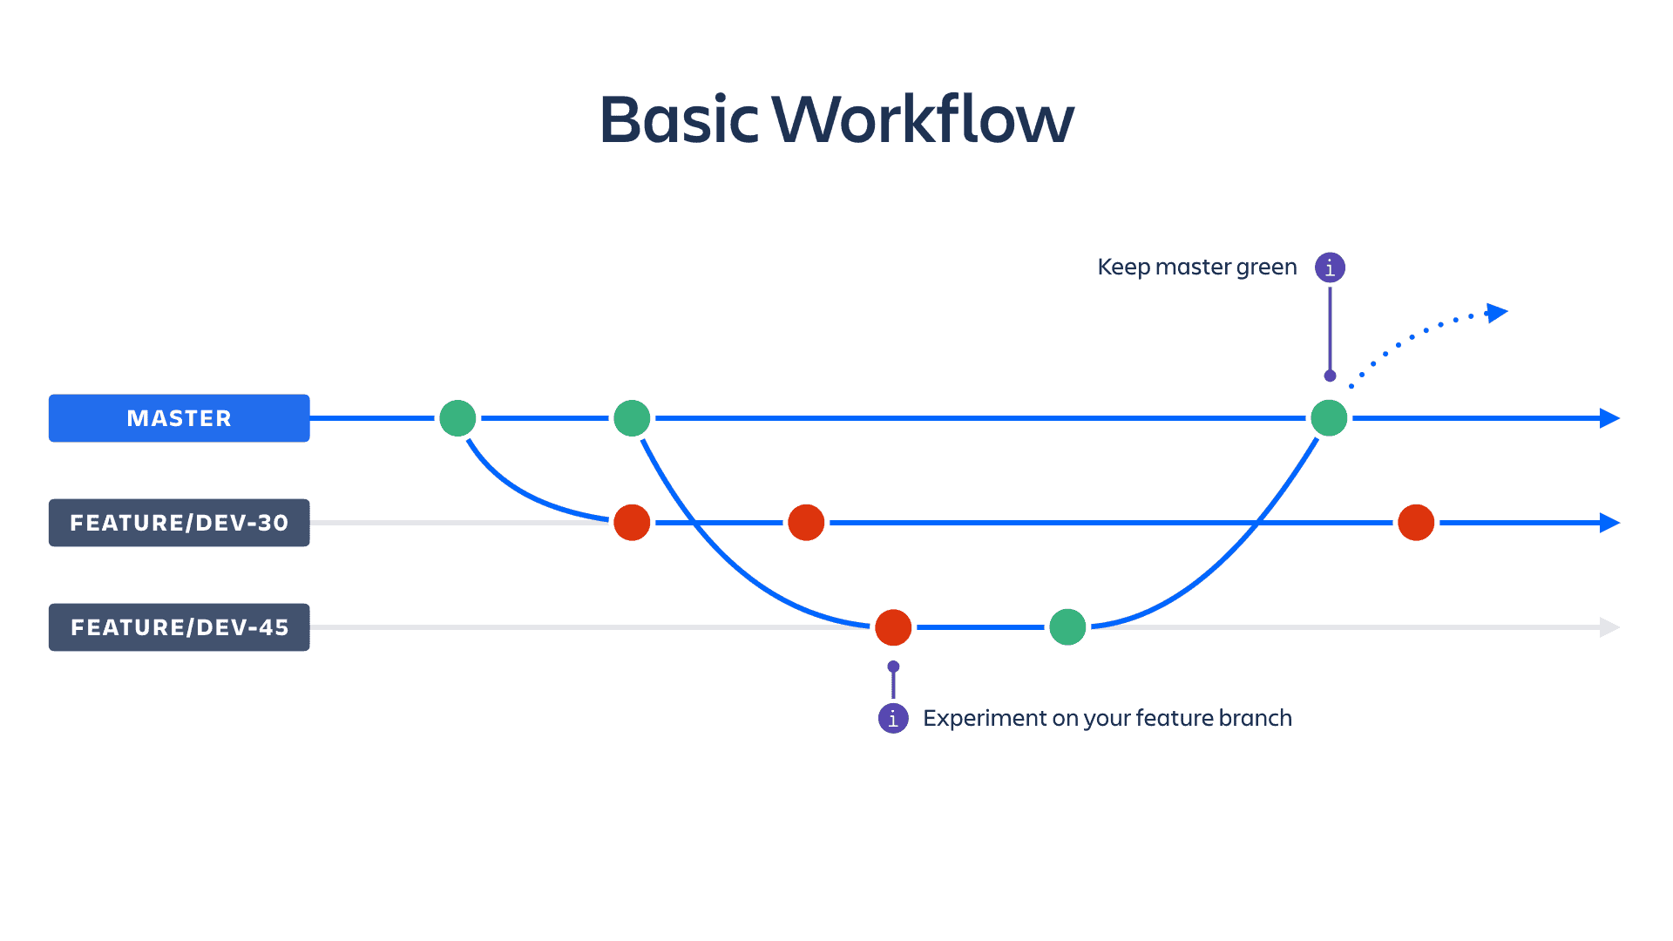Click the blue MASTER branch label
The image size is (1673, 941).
pos(179,418)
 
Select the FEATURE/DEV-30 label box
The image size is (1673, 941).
pos(179,523)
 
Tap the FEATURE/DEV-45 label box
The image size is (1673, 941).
pos(179,627)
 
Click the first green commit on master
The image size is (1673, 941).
pos(457,418)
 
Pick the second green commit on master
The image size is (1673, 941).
pos(632,418)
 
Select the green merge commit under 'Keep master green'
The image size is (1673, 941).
pos(1329,418)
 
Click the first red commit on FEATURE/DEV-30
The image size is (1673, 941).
pos(632,523)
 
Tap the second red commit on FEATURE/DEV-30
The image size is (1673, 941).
pos(806,523)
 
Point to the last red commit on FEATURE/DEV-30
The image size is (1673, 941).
pos(1416,523)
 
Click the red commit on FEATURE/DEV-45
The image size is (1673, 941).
pos(893,627)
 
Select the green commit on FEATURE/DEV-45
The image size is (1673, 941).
pos(1067,627)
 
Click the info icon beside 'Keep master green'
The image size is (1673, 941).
pos(1330,267)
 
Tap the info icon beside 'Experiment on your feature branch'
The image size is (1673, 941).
pos(893,718)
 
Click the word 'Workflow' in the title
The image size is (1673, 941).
pos(923,119)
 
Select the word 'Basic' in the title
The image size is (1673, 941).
pos(680,119)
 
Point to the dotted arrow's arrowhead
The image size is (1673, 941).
pos(1497,313)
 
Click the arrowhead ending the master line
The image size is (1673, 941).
pos(1609,418)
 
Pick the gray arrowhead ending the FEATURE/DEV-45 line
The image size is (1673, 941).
pos(1609,627)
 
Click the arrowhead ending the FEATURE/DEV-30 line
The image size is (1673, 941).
pos(1609,523)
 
